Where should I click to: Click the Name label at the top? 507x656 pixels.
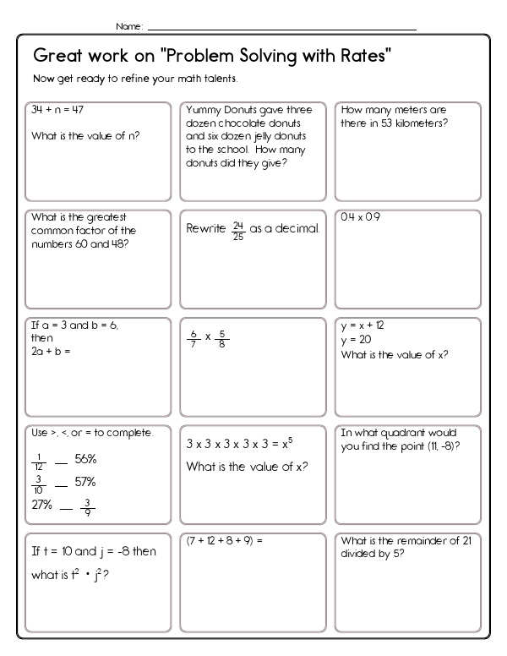tap(129, 27)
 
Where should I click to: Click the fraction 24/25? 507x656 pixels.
tap(239, 229)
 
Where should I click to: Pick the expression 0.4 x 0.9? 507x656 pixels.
tap(361, 217)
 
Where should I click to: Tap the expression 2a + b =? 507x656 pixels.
tap(50, 351)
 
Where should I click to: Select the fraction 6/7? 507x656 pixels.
tap(194, 339)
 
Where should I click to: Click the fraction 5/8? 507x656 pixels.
tap(223, 339)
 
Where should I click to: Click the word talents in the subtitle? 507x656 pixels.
tap(221, 79)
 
